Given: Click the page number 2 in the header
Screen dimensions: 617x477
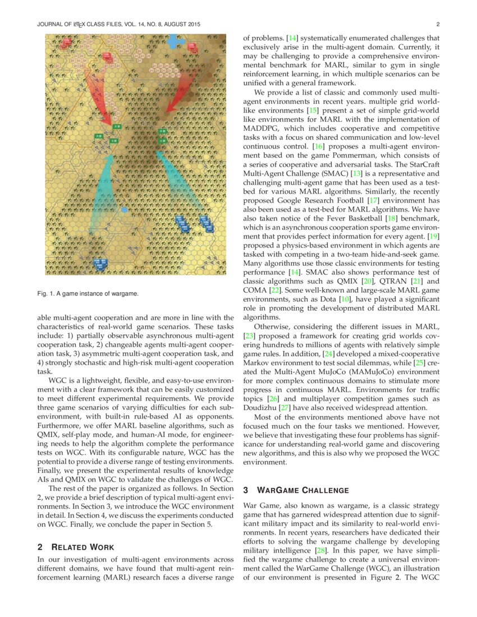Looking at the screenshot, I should pyautogui.click(x=437, y=25).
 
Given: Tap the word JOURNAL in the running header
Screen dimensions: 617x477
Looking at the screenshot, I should pyautogui.click(x=51, y=25).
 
